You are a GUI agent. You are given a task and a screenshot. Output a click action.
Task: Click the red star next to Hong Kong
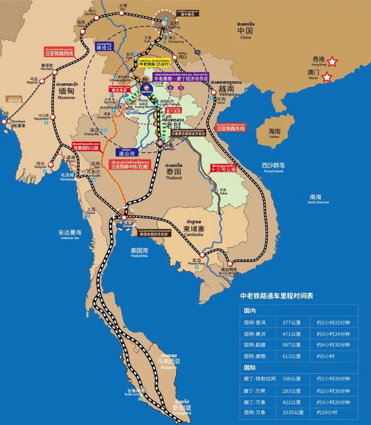point(332,62)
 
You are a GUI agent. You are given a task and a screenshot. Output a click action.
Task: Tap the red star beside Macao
point(327,77)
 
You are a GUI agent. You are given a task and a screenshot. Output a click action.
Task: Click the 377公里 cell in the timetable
point(292,323)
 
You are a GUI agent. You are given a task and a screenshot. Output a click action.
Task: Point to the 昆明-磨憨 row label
point(255,356)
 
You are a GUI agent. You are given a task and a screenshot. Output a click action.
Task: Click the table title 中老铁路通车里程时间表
point(276,296)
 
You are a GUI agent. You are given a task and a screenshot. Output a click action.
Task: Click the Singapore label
point(182,409)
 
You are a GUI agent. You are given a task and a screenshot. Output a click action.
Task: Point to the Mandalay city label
point(47,67)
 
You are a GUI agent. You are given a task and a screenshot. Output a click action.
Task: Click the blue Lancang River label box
point(104,46)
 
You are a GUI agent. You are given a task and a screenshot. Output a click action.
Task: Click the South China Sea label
point(318,199)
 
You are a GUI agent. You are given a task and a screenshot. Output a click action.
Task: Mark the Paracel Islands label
point(273,168)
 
